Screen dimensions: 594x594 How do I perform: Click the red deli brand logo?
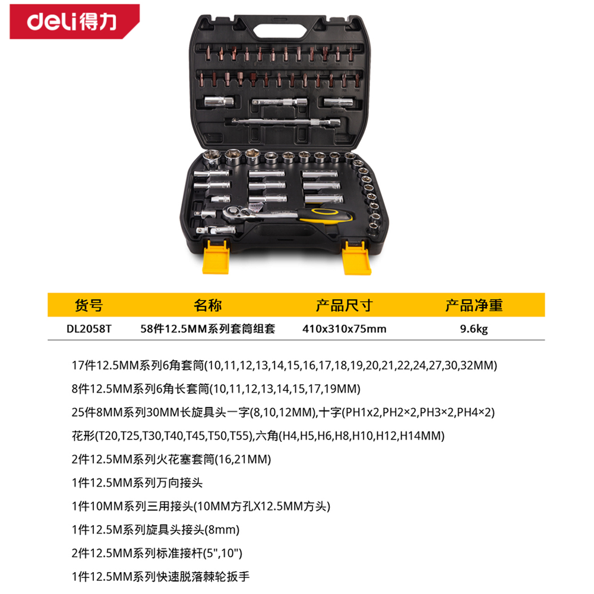point(74,21)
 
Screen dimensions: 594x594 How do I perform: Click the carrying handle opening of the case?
point(281,31)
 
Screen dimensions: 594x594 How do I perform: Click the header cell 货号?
point(89,305)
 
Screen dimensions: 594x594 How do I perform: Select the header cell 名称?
point(207,305)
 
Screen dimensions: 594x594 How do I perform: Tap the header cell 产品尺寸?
point(345,305)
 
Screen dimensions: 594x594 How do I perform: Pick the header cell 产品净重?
point(474,305)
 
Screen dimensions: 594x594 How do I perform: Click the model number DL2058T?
point(89,328)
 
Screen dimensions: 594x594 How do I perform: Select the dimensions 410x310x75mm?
point(345,328)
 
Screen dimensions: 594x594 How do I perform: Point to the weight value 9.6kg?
point(474,329)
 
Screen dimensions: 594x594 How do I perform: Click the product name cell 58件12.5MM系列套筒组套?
point(207,328)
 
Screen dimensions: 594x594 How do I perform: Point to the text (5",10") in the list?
point(223,554)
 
